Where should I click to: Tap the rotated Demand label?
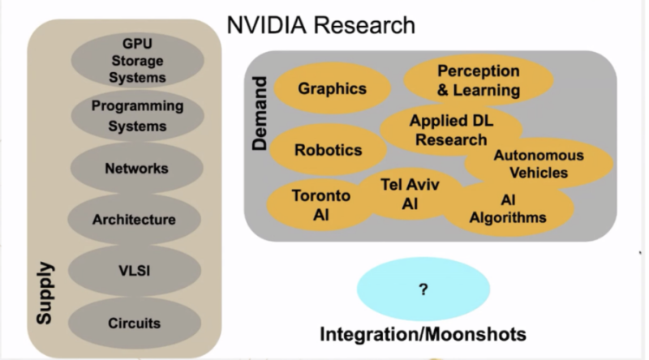click(260, 114)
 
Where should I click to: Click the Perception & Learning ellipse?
click(479, 81)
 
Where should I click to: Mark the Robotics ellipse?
click(328, 150)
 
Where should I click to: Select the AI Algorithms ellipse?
click(509, 208)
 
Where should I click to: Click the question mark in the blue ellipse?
click(423, 290)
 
